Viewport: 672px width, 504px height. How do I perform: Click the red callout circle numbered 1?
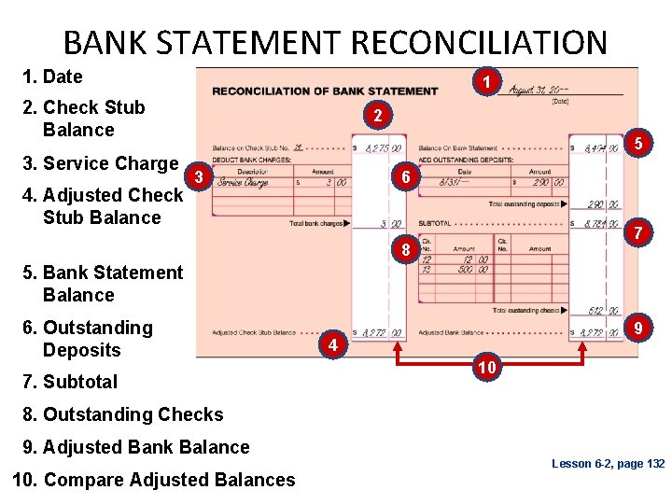(486, 82)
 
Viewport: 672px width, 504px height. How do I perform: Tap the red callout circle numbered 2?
(375, 117)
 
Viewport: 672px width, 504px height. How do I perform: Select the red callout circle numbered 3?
(198, 176)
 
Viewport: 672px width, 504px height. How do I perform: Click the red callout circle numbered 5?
(638, 144)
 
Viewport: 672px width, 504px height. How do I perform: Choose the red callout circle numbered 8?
(405, 250)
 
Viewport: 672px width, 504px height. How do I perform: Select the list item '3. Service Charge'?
(100, 163)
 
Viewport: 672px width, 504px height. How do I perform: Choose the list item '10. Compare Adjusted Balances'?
(154, 480)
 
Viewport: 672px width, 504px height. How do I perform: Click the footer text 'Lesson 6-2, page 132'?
(608, 464)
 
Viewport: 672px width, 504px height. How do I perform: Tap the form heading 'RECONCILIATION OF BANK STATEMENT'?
(325, 91)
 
